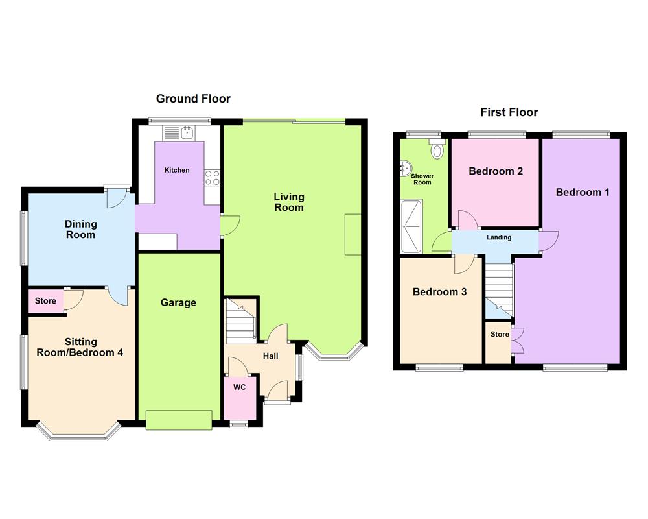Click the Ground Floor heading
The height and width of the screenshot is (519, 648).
point(193,99)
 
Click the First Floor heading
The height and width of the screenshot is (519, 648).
point(509,112)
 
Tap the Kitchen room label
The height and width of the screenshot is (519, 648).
point(177,170)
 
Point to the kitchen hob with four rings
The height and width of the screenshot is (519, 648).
point(212,178)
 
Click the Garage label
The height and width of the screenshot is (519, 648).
point(178,302)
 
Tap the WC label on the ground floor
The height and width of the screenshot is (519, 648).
point(239,387)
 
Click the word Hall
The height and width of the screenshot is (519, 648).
point(270,356)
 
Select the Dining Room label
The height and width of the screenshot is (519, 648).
point(80,230)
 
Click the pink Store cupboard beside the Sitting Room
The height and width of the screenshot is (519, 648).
point(45,301)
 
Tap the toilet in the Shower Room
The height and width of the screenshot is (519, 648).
point(438,151)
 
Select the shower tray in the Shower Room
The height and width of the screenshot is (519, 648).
point(411,225)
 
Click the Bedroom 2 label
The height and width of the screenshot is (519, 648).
point(496,171)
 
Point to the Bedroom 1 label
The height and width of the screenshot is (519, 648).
point(583,192)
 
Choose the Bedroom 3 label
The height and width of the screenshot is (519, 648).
point(439,292)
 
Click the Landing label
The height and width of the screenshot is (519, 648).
point(499,237)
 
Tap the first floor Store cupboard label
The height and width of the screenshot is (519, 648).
point(500,335)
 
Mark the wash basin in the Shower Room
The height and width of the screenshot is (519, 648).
point(406,170)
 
